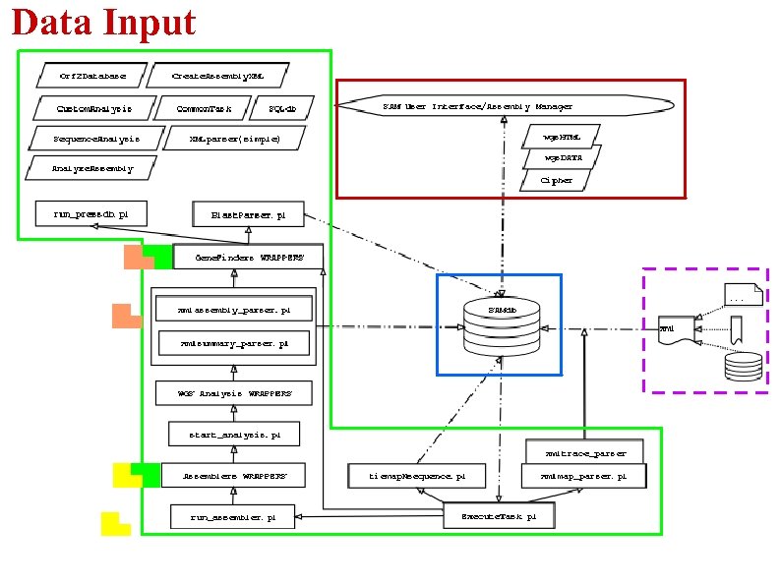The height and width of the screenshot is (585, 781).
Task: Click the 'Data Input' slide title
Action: pyautogui.click(x=104, y=22)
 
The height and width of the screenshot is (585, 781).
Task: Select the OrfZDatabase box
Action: pyautogui.click(x=91, y=75)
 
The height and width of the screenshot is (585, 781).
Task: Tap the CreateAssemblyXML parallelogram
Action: pyautogui.click(x=217, y=75)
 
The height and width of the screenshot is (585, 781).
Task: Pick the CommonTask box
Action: pyautogui.click(x=204, y=108)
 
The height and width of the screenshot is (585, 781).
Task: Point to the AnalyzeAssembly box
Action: pyautogui.click(x=91, y=168)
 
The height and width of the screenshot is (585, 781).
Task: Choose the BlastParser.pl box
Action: pyautogui.click(x=249, y=213)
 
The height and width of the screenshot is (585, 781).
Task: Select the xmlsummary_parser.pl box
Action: pyautogui.click(x=234, y=344)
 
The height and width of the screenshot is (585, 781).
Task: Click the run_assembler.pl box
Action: pyautogui.click(x=233, y=515)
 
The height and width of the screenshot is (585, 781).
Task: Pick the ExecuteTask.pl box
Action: pyautogui.click(x=498, y=515)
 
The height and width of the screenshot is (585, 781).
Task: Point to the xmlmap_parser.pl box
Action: pyautogui.click(x=584, y=476)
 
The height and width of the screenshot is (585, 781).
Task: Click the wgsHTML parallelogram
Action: pyautogui.click(x=563, y=136)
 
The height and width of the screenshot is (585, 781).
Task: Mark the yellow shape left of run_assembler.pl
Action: pyautogui.click(x=114, y=524)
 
